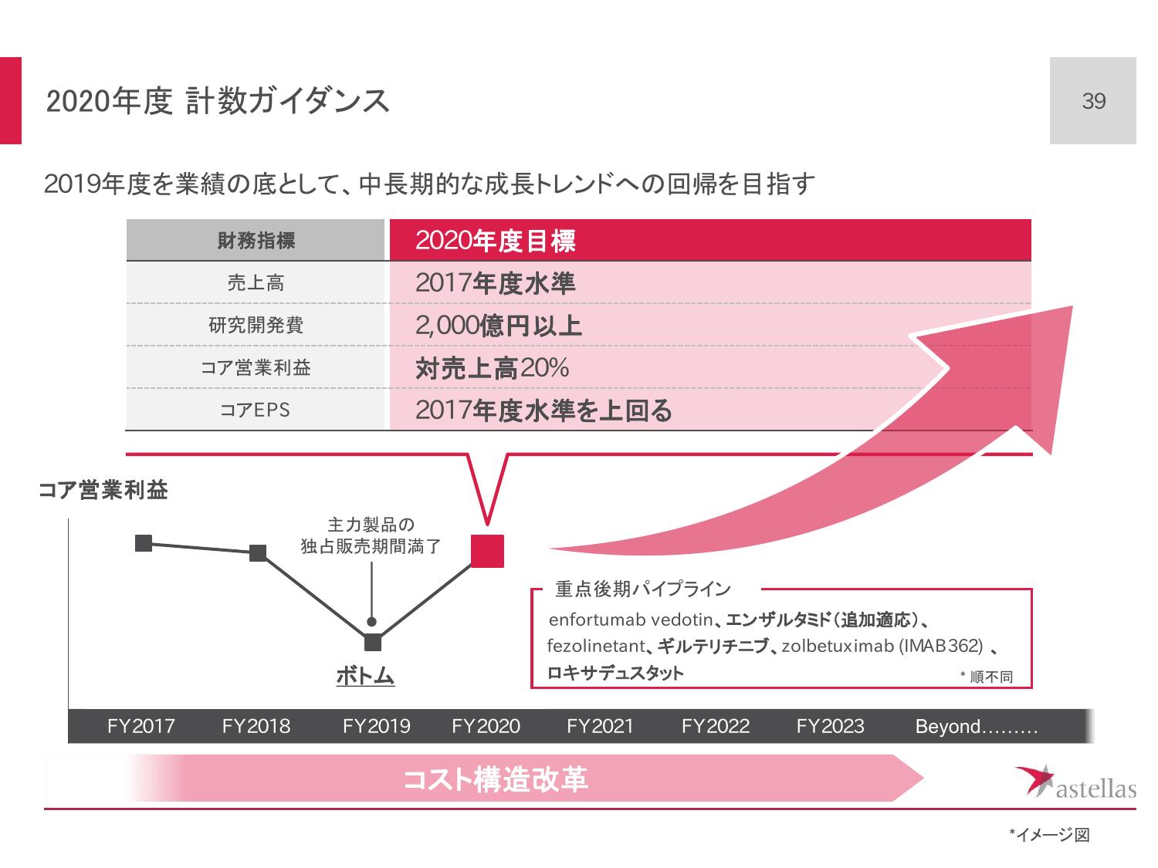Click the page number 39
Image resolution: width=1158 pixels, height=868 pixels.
pos(1093,101)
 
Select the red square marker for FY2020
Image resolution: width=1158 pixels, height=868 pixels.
pos(487,551)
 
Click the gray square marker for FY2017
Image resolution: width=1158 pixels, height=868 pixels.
pos(144,543)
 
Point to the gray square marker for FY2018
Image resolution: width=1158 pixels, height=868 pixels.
pos(258,552)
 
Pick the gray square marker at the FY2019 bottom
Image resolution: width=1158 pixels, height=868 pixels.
pos(372,642)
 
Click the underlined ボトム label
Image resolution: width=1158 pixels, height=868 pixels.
pos(365,677)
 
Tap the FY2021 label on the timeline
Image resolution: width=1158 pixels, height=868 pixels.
pos(600,727)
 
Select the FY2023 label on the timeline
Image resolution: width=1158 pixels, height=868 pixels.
pos(830,727)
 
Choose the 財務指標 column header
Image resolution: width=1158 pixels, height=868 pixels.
pos(256,241)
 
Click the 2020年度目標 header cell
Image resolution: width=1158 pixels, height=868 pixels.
pos(496,241)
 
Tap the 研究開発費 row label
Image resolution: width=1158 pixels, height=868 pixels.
pos(256,326)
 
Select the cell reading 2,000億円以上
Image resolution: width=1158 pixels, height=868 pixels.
pos(498,326)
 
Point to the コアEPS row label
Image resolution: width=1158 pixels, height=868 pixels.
pos(256,410)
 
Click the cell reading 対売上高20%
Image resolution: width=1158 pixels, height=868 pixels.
pos(492,369)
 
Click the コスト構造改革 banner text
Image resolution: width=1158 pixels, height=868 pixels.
pos(496,780)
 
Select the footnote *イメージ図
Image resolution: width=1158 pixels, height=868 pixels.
pos(1049,835)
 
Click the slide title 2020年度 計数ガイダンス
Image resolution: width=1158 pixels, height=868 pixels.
pos(218,102)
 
